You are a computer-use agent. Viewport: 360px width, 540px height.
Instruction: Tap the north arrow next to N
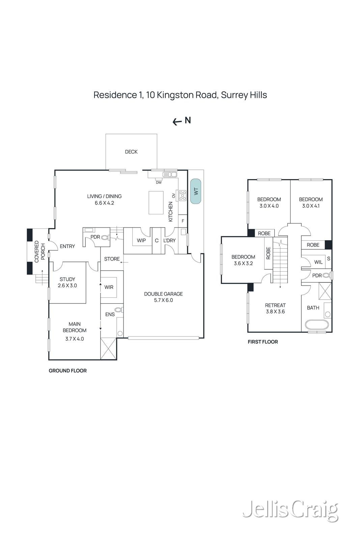[177, 122]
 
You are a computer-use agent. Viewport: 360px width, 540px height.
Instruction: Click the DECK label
[131, 152]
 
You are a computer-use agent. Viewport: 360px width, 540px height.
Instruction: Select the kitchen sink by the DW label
[170, 174]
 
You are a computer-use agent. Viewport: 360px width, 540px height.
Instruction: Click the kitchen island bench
[156, 202]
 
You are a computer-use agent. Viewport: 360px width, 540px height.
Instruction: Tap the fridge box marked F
[183, 221]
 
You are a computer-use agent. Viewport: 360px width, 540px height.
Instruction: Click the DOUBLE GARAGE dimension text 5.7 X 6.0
[163, 300]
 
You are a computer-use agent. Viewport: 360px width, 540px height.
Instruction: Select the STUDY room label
[67, 279]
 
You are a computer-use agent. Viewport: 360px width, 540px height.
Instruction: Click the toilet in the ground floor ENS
[118, 309]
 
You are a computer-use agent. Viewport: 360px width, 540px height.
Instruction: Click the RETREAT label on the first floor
[275, 305]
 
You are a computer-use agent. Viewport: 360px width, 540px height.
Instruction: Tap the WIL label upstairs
[318, 262]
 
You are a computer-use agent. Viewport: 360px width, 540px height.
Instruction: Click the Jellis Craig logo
[290, 510]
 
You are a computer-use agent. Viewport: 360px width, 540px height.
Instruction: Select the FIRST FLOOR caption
[263, 342]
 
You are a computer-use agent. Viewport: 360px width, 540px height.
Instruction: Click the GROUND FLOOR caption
[68, 371]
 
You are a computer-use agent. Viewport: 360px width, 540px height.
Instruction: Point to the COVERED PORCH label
[39, 251]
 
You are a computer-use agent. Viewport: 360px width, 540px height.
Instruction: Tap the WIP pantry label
[141, 241]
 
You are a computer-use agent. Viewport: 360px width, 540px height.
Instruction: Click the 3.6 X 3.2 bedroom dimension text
[243, 263]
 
